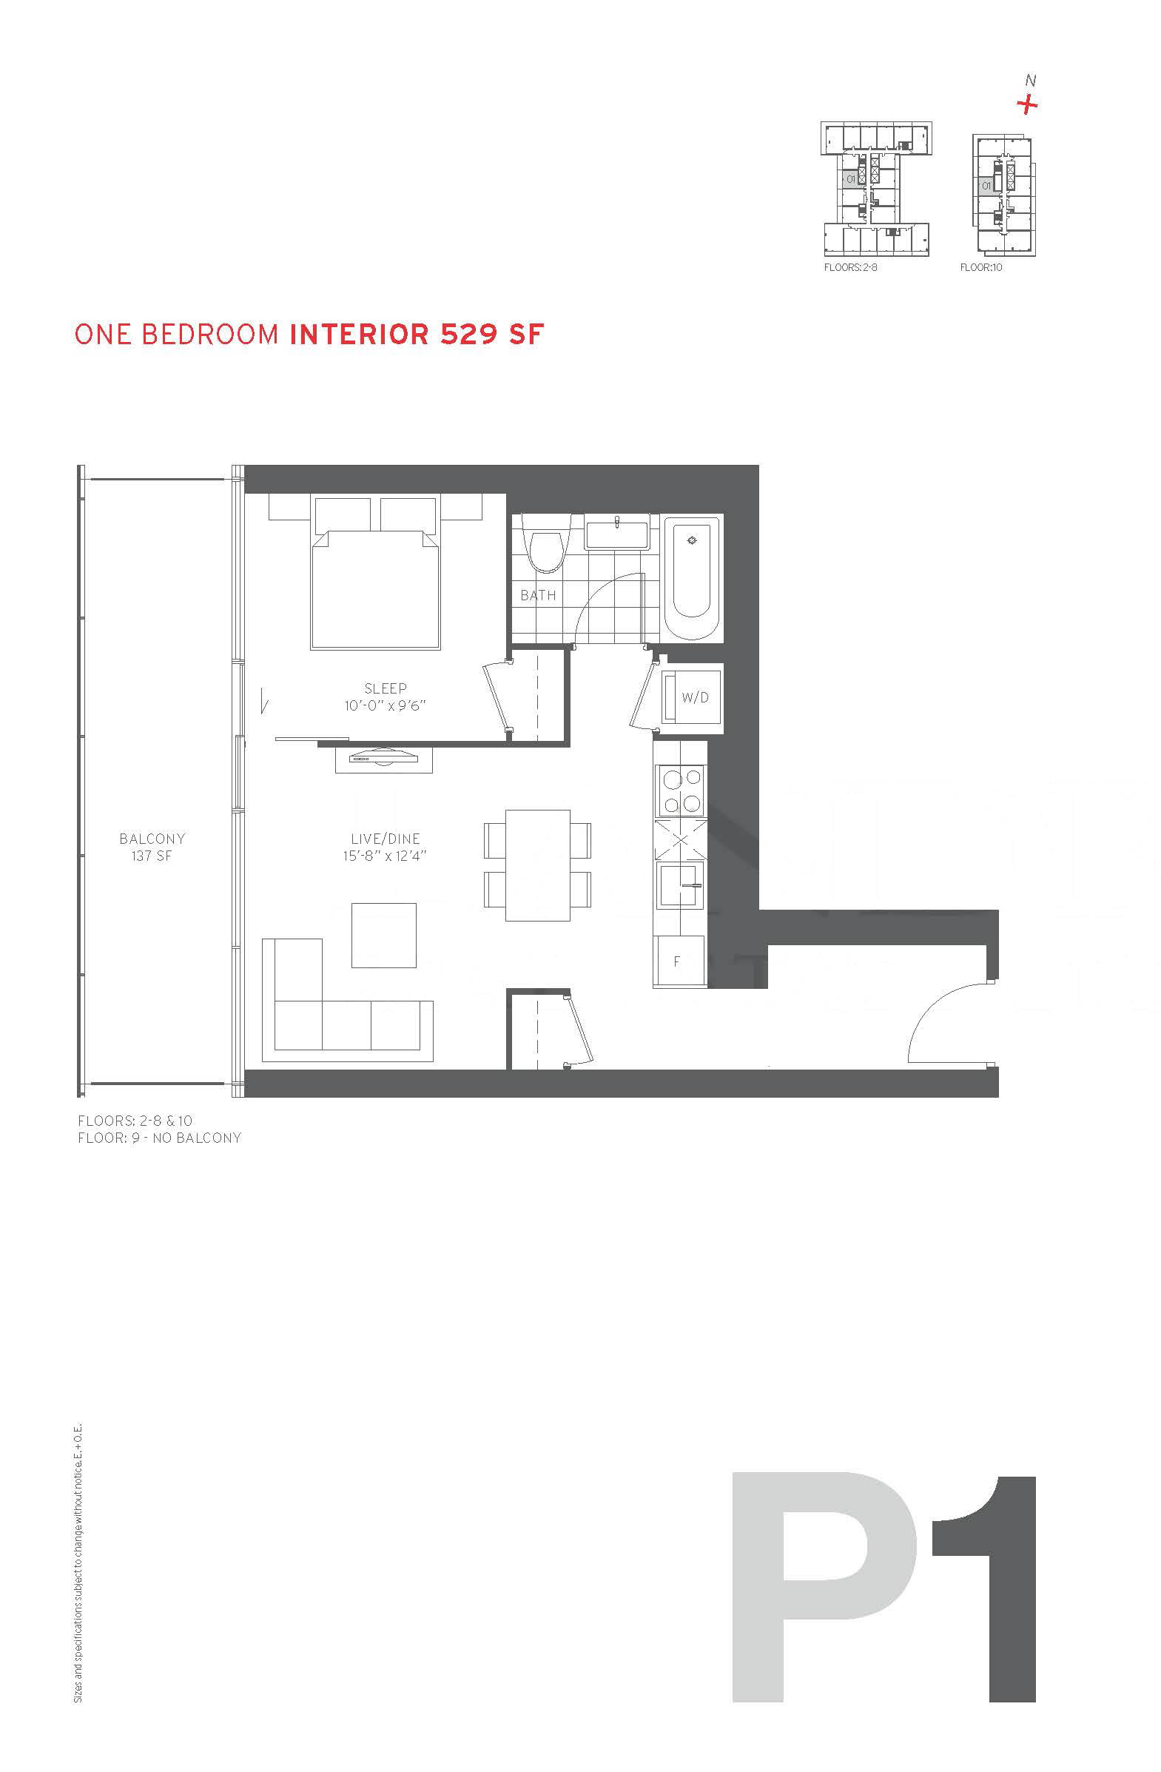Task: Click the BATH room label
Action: tap(538, 595)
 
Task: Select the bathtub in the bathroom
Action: tap(692, 579)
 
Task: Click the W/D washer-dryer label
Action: tap(695, 698)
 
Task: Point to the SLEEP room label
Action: tap(386, 688)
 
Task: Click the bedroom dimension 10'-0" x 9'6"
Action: tap(385, 705)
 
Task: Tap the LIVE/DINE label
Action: tap(385, 839)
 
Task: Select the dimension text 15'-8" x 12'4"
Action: tap(385, 856)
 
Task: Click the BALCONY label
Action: tap(152, 839)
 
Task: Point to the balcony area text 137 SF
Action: tap(152, 856)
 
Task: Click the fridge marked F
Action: tap(678, 961)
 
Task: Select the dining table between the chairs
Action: tap(537, 865)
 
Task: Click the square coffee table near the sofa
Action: tap(384, 935)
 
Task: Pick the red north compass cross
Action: tap(1028, 105)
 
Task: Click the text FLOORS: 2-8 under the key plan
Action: tap(851, 267)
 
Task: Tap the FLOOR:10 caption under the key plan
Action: tap(981, 267)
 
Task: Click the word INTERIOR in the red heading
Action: tap(360, 335)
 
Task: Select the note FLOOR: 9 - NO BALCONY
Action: tap(159, 1138)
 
